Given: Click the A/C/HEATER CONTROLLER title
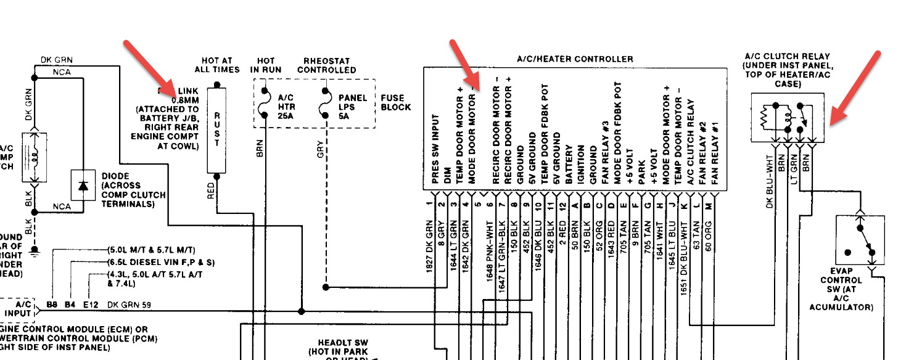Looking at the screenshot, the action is pos(575,59).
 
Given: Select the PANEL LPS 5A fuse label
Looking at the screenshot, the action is pos(352,107).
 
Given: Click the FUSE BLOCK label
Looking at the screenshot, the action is pos(396,102).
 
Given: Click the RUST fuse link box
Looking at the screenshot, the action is pos(217,129).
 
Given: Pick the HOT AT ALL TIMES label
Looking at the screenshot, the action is pos(217,65).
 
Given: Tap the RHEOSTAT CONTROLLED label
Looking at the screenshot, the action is pos(326,65).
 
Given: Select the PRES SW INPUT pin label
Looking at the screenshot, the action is pos(436,150).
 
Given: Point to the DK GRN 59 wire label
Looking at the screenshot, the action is pos(129,305).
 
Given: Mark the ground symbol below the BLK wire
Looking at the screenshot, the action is pos(35,250).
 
